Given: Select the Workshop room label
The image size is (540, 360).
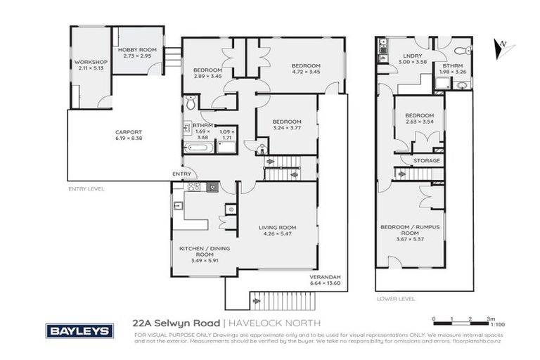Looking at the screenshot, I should pyautogui.click(x=90, y=65).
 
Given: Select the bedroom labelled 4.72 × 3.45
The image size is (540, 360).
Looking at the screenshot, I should pyautogui.click(x=306, y=69).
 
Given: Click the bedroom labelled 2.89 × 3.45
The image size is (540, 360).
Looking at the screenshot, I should pyautogui.click(x=207, y=73).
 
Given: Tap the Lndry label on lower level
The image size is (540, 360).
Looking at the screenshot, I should pyautogui.click(x=411, y=58).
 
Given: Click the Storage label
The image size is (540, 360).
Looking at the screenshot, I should pyautogui.click(x=426, y=160).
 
